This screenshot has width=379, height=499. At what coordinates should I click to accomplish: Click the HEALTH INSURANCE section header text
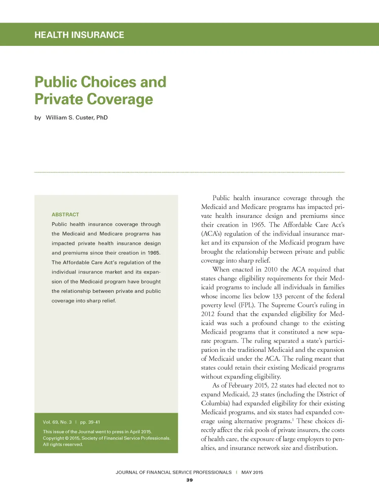pos(79,35)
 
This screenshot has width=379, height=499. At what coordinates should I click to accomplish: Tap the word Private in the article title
pos(58,100)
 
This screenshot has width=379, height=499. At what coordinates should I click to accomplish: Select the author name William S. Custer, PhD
pos(77,118)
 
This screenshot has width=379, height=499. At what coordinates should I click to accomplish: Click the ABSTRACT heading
pos(66,215)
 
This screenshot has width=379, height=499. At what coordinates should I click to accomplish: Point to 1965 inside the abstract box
pos(154,253)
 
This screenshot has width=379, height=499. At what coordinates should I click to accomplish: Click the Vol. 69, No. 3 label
pos(57,422)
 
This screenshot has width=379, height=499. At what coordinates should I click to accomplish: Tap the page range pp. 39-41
pos(90,422)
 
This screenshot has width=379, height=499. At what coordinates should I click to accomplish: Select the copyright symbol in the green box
pos(67,438)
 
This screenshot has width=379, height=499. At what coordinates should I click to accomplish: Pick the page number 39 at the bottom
pos(189,480)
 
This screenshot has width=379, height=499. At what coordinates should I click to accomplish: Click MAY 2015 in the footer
pos(252,472)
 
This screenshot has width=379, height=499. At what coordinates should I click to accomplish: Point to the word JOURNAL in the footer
pos(127,472)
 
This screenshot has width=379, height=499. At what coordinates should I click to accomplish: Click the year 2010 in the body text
pos(271,269)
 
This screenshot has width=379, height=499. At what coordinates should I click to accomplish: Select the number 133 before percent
pos(277,296)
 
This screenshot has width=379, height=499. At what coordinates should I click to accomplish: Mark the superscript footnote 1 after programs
pos(293,419)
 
